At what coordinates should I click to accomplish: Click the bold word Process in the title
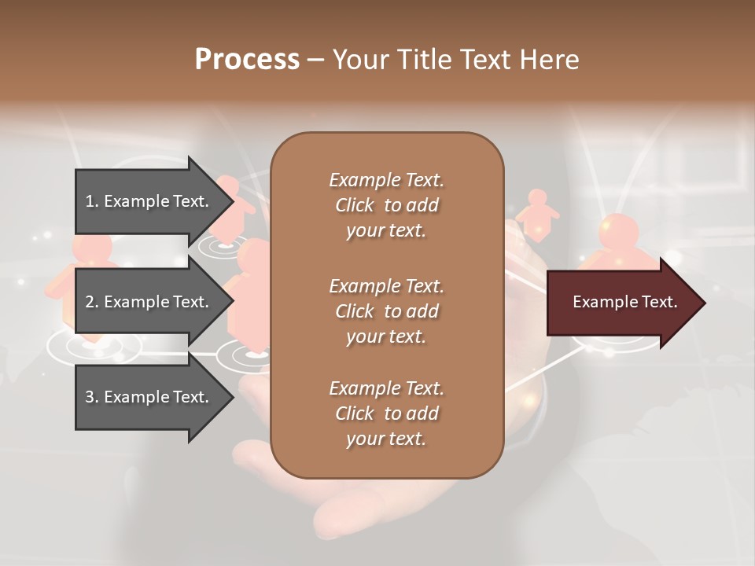tap(247, 60)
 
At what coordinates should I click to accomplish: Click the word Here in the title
tap(549, 60)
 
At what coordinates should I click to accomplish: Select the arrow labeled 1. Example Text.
tap(149, 201)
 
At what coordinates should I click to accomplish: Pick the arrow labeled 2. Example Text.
tap(149, 302)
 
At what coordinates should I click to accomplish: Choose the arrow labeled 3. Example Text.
tap(149, 397)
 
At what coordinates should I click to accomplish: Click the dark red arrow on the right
tap(621, 302)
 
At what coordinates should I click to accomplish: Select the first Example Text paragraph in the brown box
tap(386, 205)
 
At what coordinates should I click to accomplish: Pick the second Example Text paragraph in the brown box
tap(386, 311)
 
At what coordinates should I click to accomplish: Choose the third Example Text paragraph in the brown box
tap(386, 413)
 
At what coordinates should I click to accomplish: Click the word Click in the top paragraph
tap(354, 205)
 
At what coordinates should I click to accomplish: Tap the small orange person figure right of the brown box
tap(539, 212)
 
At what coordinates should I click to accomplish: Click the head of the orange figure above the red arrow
tap(619, 230)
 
